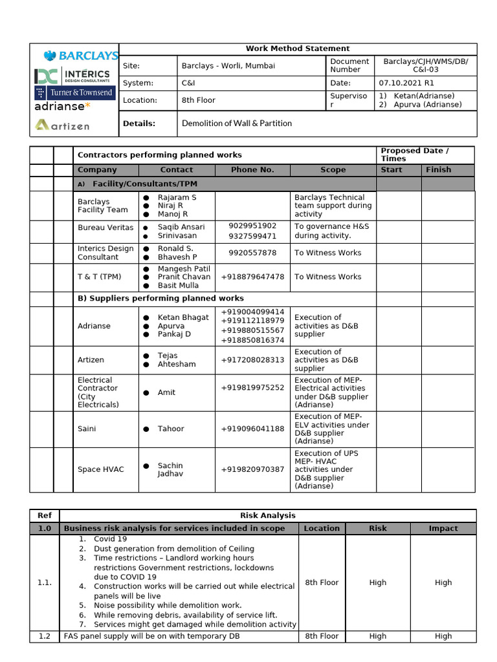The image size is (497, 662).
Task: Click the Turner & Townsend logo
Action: click(75, 92)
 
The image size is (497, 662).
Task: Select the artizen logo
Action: click(63, 125)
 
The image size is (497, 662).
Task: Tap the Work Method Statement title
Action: click(298, 48)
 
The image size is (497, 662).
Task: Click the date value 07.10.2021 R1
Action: click(406, 83)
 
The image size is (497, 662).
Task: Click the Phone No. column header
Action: click(252, 170)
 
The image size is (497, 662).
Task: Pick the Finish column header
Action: click(438, 170)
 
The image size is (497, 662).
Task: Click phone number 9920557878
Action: click(252, 253)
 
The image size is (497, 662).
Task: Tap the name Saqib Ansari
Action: click(181, 227)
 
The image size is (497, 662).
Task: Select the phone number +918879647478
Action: click(252, 277)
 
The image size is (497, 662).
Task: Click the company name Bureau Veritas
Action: click(105, 228)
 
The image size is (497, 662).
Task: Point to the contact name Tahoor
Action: click(171, 429)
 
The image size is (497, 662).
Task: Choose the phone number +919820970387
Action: click(252, 469)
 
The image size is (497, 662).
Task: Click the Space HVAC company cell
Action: click(101, 469)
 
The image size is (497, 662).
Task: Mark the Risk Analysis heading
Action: click(267, 515)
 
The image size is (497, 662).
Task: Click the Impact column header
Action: click(443, 528)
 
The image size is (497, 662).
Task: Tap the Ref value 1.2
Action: click(44, 636)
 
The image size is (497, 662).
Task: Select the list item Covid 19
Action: click(110, 539)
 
